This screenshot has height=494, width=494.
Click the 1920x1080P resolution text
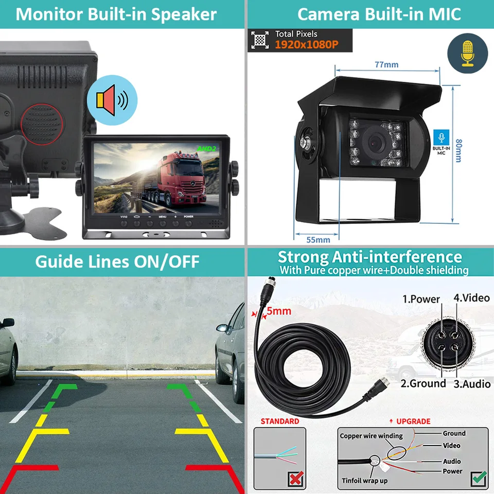(306, 45)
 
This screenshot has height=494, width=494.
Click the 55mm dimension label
(318, 239)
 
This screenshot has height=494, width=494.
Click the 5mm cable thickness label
(278, 311)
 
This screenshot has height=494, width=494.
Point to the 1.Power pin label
(421, 299)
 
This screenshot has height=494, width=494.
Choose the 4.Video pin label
(472, 297)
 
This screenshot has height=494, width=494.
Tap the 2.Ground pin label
(423, 383)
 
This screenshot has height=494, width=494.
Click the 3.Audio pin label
(471, 384)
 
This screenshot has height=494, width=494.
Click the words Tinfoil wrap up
(364, 481)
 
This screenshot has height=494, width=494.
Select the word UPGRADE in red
(413, 421)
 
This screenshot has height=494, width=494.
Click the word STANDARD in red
(279, 421)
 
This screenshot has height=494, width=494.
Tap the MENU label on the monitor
(162, 217)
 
